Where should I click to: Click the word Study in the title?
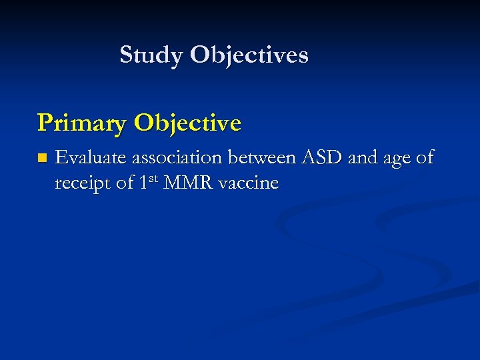coord(152,55)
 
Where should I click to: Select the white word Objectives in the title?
coord(249,55)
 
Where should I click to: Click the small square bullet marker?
coord(43,159)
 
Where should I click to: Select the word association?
coord(175,158)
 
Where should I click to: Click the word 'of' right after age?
coord(425,158)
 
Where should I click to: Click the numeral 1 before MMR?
coord(145,183)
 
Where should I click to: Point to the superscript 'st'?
coord(154,179)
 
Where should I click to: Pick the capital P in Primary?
coord(45,123)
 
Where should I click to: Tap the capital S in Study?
coord(126,55)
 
